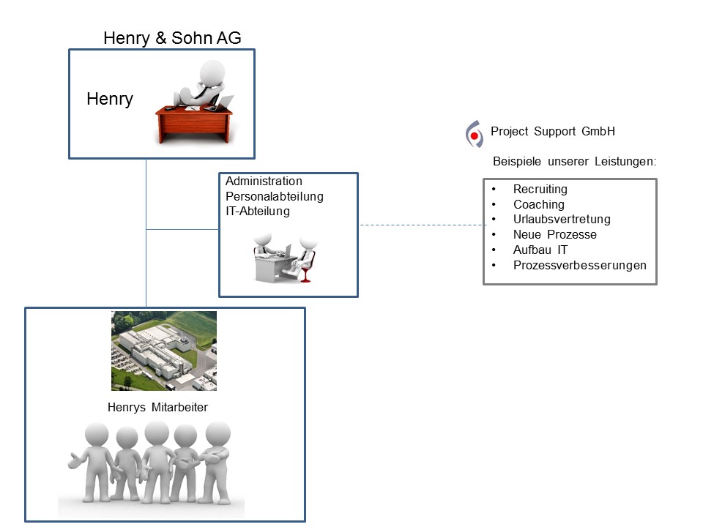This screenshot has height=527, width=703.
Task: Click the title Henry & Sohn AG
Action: tap(172, 38)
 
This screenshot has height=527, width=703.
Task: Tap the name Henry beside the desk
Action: tap(110, 99)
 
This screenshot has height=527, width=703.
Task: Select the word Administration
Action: tap(264, 181)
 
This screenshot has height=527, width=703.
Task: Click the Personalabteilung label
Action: tap(275, 196)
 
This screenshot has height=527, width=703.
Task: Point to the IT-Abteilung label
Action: tap(258, 212)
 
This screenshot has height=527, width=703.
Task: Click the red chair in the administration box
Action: tap(305, 272)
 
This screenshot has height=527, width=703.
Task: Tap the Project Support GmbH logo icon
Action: tap(475, 135)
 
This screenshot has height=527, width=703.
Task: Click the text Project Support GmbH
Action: tap(553, 132)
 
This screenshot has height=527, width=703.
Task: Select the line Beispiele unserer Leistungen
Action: tap(574, 161)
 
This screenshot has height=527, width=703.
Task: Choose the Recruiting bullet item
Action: tap(540, 190)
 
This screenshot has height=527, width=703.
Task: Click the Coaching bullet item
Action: tap(538, 205)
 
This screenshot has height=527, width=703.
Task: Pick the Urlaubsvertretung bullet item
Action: tap(562, 220)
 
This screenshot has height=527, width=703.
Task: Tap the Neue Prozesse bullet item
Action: tap(554, 235)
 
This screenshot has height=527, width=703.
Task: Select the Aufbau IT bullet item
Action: tap(540, 250)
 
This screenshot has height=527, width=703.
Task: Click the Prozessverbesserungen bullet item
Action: tap(579, 265)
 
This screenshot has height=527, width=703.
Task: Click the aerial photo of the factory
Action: tap(164, 351)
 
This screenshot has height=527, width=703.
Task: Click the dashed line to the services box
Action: tap(421, 225)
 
